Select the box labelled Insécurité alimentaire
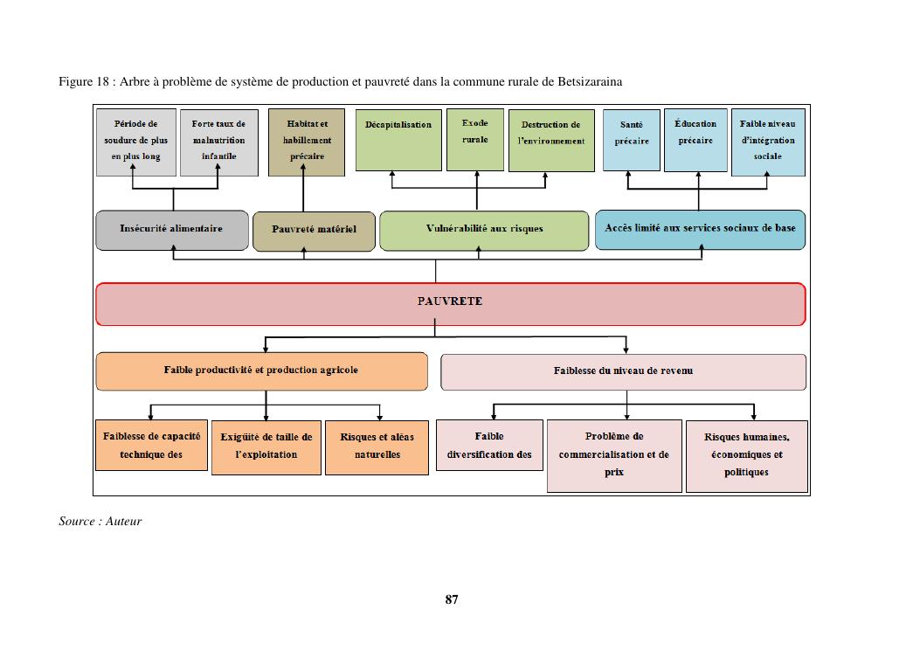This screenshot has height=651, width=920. pos(172,230)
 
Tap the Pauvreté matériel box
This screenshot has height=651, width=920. pos(314,231)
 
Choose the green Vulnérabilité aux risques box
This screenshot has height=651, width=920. pos(484,230)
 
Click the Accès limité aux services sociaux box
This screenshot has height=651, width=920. pos(700,229)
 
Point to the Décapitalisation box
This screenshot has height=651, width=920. pos(398,140)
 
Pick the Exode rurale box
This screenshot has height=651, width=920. pos(475,140)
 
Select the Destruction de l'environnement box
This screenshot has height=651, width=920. pos(550,140)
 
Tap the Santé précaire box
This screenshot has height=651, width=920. pos(632,140)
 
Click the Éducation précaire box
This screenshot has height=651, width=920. pos(695,140)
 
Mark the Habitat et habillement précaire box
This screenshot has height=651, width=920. pos(307,142)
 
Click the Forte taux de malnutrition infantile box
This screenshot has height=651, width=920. pos(219,142)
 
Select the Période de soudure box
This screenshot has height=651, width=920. pos(136,142)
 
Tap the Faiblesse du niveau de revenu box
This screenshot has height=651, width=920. pos(623,371)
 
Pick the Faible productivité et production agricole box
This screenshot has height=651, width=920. pos(261,371)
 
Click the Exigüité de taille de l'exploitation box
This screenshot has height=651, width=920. pos(266,447)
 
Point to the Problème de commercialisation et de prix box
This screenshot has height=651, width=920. pos(614,455)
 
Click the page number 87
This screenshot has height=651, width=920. pos(452,599)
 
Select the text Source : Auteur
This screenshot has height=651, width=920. pos(100,522)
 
